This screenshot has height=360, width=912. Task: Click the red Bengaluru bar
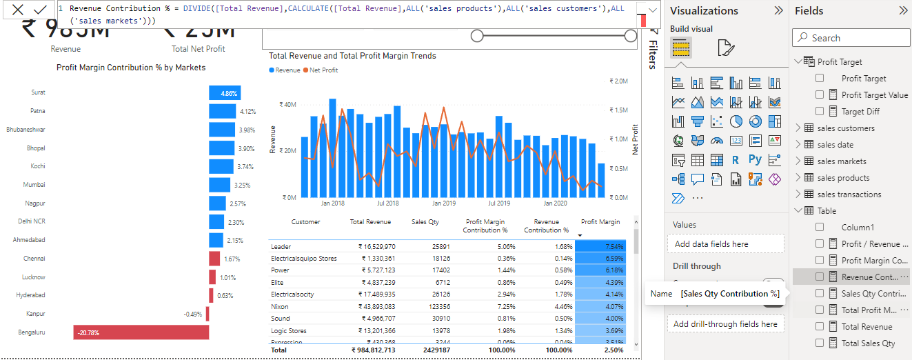(141, 332)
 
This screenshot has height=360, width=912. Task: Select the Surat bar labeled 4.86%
(225, 92)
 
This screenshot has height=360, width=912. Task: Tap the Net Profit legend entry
(323, 70)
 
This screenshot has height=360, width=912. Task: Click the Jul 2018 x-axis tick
(387, 203)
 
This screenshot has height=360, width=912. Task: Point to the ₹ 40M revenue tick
(287, 105)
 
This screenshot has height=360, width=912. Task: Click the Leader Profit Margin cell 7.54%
(600, 246)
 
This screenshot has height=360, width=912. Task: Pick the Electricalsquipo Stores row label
(304, 259)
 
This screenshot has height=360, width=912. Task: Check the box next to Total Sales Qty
(820, 343)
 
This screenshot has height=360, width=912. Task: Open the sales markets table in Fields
(841, 161)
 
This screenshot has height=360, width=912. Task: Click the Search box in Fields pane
(855, 38)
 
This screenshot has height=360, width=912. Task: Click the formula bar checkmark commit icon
(40, 10)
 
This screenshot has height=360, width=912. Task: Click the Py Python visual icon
(755, 160)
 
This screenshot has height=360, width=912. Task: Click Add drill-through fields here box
(725, 324)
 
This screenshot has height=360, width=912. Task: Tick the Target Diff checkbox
(820, 111)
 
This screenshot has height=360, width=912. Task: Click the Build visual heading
(691, 29)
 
